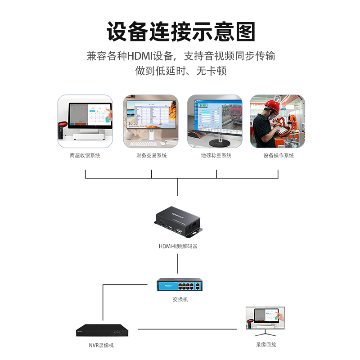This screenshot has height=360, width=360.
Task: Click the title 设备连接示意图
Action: (180, 32)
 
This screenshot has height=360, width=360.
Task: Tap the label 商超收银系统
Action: (85, 156)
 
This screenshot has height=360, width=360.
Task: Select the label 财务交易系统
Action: (151, 156)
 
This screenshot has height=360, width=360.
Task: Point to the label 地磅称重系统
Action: (216, 156)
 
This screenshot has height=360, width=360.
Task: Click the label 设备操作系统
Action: (279, 156)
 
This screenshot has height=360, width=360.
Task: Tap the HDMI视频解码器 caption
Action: (178, 246)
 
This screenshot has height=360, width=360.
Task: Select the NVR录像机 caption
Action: (101, 345)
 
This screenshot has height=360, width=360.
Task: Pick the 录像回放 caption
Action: (266, 345)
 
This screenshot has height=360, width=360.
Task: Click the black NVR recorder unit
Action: (102, 330)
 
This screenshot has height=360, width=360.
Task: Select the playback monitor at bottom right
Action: (265, 319)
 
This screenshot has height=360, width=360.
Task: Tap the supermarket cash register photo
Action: (85, 121)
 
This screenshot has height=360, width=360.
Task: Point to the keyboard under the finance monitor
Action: (144, 144)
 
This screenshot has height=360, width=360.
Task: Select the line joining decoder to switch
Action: (178, 263)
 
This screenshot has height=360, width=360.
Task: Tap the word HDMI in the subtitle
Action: (140, 56)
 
